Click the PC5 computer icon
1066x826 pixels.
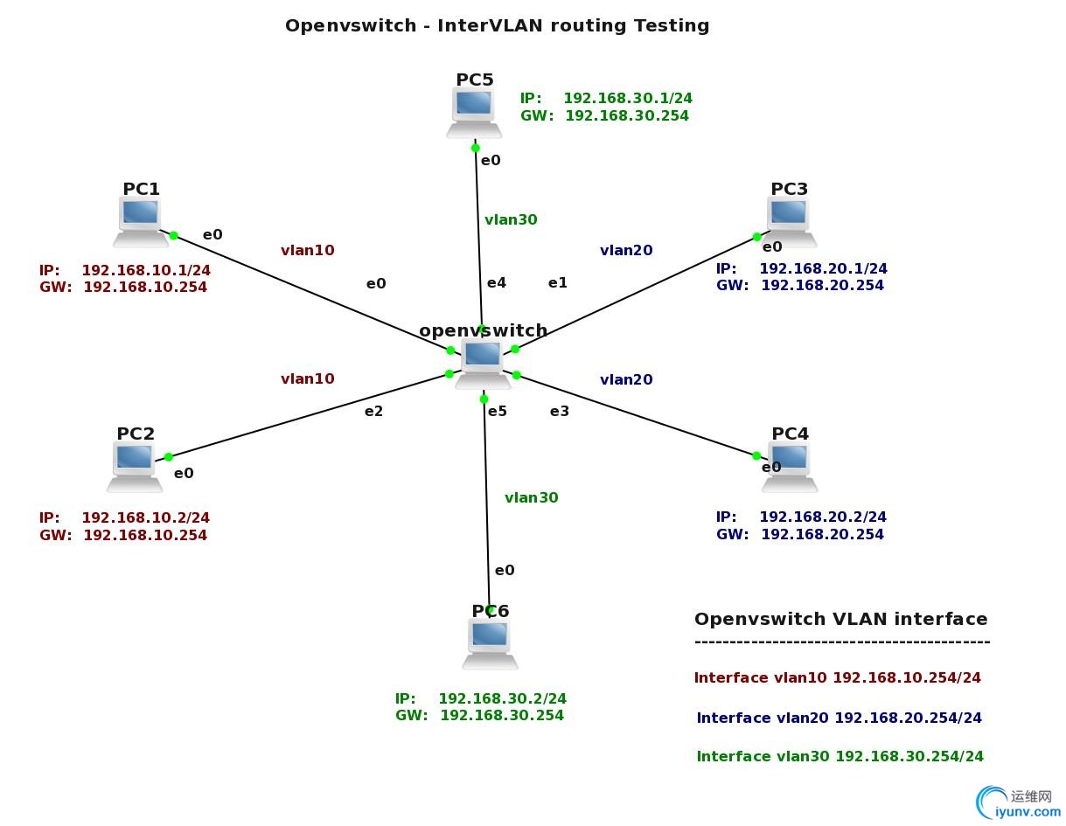pos(474,113)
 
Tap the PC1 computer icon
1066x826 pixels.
pos(140,220)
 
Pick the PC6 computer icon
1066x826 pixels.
pos(490,643)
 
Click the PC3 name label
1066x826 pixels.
pos(789,189)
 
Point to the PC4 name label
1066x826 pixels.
pos(790,434)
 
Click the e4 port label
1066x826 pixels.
pos(497,282)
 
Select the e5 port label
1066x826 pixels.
pos(498,411)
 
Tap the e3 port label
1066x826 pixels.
pos(560,411)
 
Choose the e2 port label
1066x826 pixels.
pos(374,411)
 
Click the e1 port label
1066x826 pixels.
pos(558,282)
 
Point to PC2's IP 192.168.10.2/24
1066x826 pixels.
pos(145,517)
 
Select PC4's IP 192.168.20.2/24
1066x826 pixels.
pos(822,517)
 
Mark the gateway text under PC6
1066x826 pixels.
pos(479,715)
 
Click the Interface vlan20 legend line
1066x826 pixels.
pos(839,718)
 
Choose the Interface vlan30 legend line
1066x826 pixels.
pos(840,756)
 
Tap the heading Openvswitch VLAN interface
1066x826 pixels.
pos(840,619)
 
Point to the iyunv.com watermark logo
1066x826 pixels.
pos(1019,802)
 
